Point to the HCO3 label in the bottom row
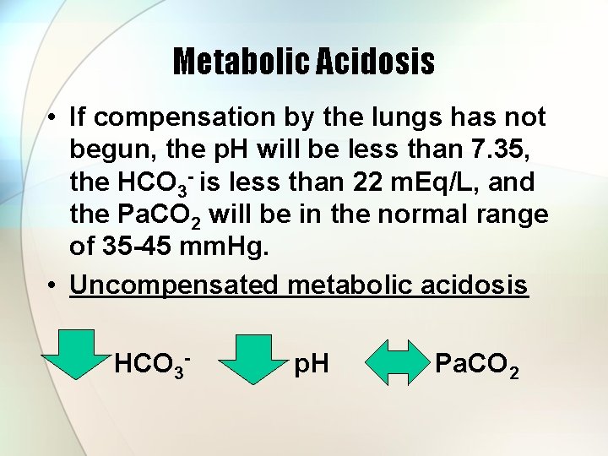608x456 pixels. click(150, 366)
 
